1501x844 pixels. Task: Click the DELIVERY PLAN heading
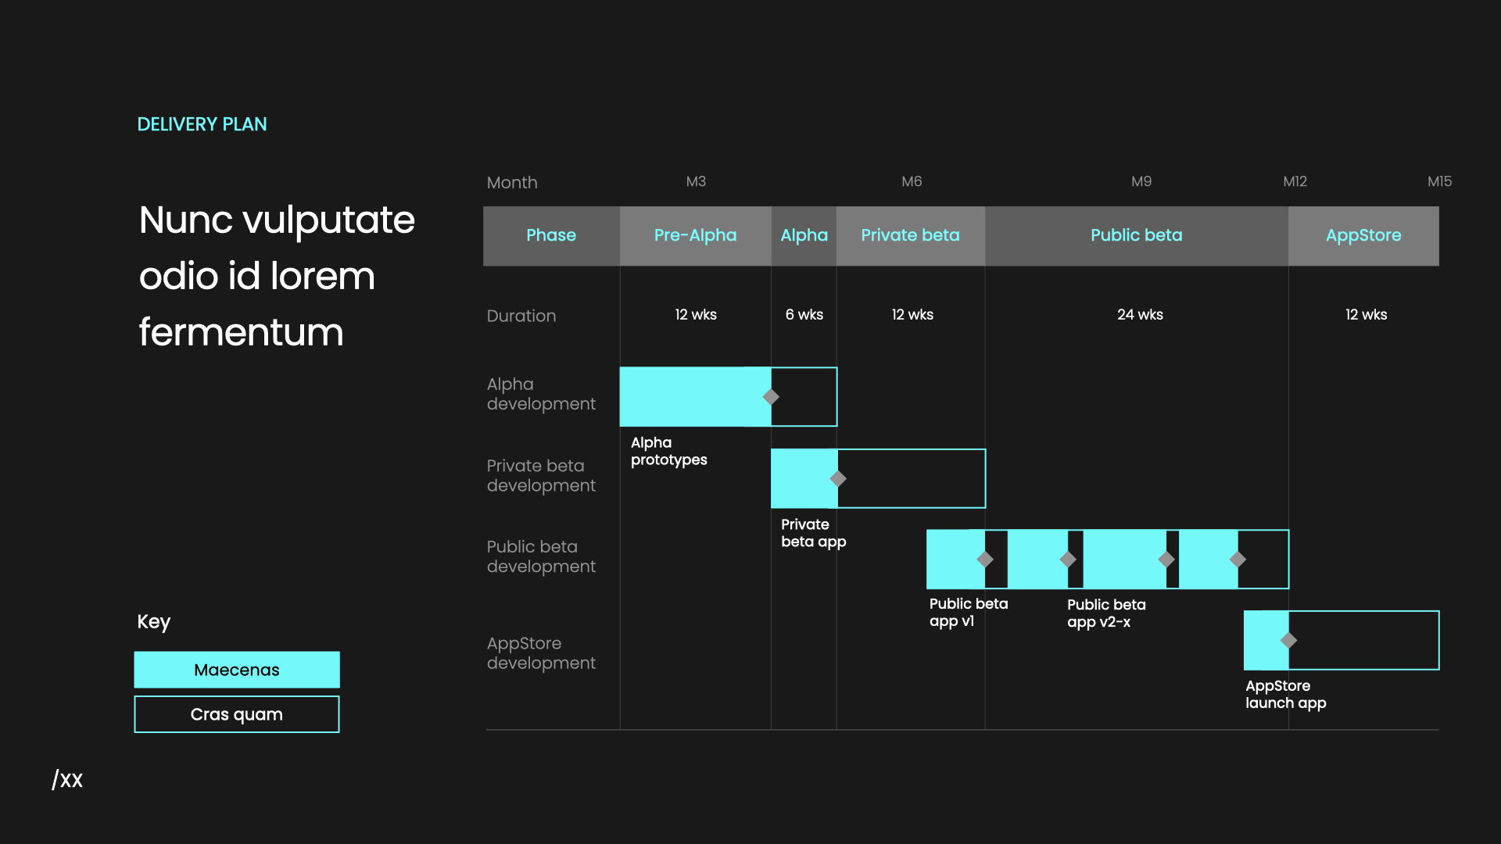[x=202, y=124]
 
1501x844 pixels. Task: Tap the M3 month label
[x=696, y=181]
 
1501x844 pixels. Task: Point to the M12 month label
[x=1295, y=181]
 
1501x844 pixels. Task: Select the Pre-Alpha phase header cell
[x=695, y=235]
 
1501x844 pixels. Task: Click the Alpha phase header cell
[x=804, y=235]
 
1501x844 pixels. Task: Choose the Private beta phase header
[x=910, y=235]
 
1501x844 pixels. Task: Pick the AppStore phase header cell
[x=1363, y=235]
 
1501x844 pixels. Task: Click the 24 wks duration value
[x=1140, y=314]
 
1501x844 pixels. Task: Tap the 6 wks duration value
[x=804, y=314]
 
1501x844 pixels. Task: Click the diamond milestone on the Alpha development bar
[x=771, y=397]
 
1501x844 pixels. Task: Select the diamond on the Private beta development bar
[x=838, y=478]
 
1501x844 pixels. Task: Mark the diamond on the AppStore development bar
[x=1288, y=640]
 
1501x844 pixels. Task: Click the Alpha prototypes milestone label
[x=668, y=451]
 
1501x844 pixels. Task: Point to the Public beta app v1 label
[x=968, y=612]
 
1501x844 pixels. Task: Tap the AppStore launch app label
[x=1285, y=694]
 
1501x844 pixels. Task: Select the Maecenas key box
[x=236, y=670]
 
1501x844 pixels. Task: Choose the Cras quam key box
[x=236, y=714]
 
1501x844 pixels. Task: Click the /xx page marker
[x=67, y=779]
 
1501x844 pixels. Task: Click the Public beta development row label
[x=541, y=556]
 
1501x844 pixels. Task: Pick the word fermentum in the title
[x=241, y=332]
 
